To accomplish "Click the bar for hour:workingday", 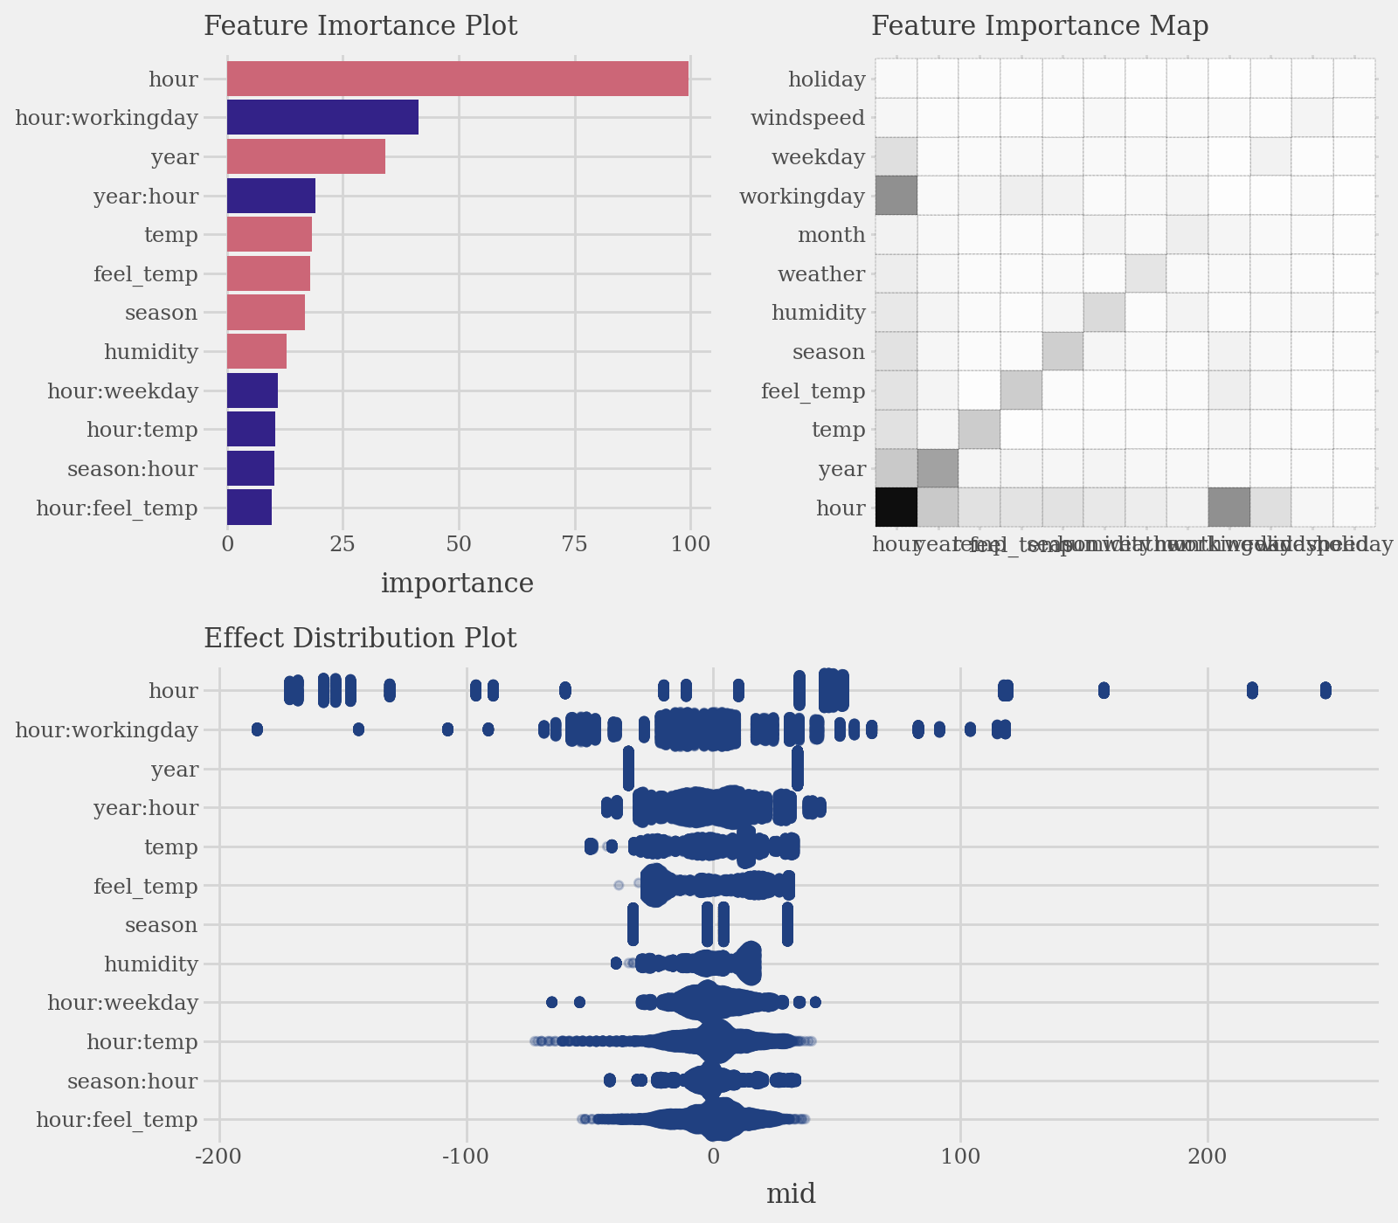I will (x=322, y=117).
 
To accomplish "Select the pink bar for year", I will (x=306, y=156).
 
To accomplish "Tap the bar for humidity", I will (x=256, y=351).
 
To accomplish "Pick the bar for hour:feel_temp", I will (x=249, y=508).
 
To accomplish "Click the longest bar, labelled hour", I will (x=457, y=79).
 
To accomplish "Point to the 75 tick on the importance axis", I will (x=575, y=544).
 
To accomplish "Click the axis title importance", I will (x=457, y=584).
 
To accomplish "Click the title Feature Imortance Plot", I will (x=360, y=26).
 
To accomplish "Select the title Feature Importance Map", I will (x=1040, y=26).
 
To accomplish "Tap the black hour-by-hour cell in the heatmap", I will (x=896, y=508).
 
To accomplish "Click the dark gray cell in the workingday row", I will (x=896, y=195).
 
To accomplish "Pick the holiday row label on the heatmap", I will (x=826, y=79).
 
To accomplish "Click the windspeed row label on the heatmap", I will (x=807, y=118).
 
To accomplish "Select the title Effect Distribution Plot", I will (x=360, y=639).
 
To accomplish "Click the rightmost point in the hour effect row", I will (x=1325, y=690).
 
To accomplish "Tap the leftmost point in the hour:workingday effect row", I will (x=257, y=729).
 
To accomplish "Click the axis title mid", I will (x=791, y=1194).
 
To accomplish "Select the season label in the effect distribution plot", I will (x=161, y=924).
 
